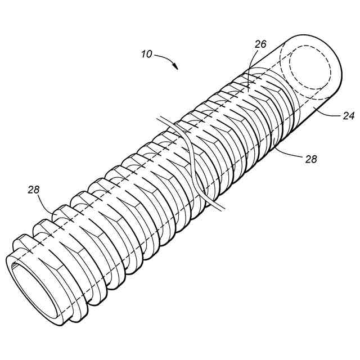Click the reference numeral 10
146,54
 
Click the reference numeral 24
348,117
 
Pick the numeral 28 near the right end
310,159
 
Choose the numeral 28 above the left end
34,190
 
